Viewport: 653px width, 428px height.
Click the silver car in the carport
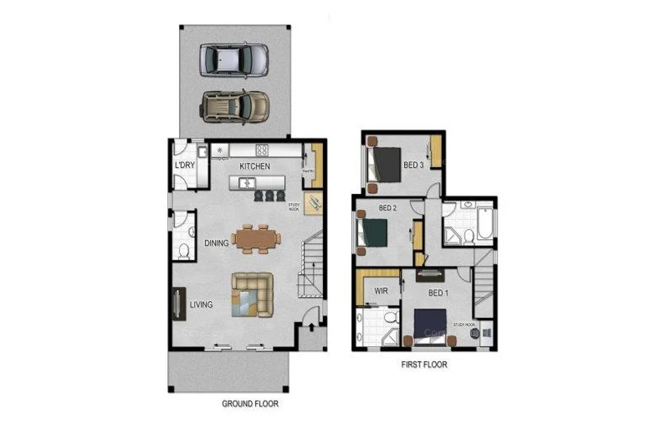tap(233, 60)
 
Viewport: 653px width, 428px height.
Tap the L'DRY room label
tap(185, 166)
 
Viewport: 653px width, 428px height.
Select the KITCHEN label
tap(255, 166)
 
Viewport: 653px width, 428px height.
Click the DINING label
tap(216, 243)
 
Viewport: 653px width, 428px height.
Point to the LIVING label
tap(201, 305)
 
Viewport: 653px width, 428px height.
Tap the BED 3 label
tap(414, 166)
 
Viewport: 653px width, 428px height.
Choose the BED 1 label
tap(438, 293)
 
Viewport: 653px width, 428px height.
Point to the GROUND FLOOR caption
tap(250, 404)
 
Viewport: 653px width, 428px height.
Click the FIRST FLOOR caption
tap(423, 365)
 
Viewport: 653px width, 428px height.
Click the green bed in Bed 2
tap(374, 231)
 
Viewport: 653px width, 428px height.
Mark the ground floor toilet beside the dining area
tap(183, 250)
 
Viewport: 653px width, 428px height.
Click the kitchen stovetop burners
tap(262, 149)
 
